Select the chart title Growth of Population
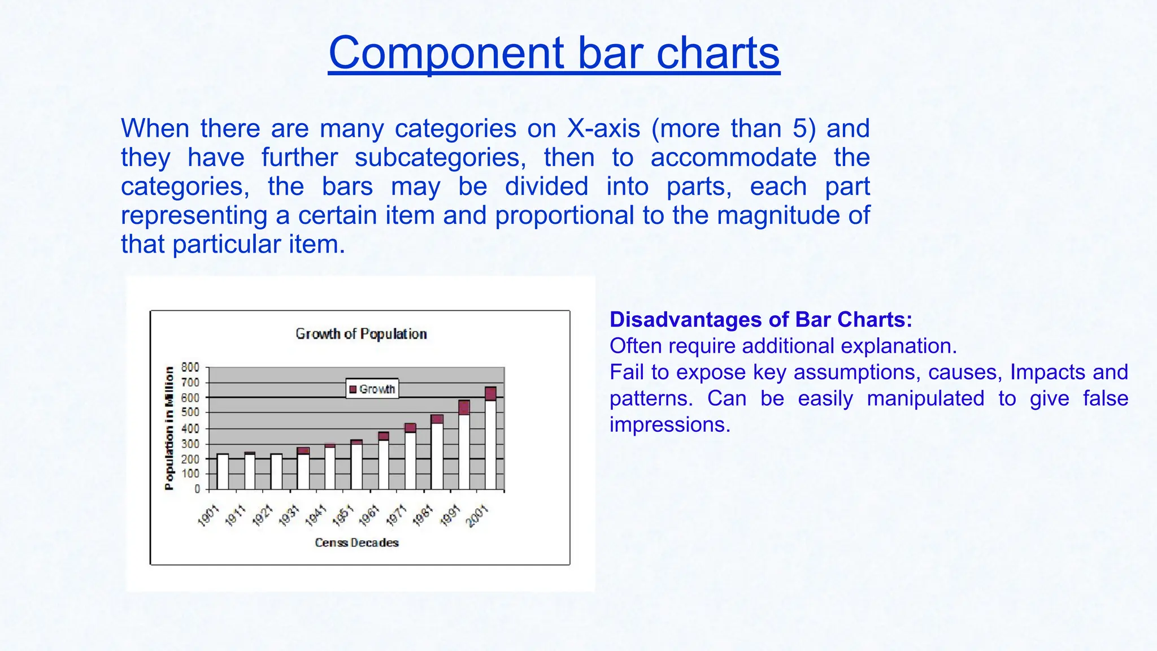(361, 334)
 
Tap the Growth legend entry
(372, 389)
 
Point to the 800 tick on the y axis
(190, 367)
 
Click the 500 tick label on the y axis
(190, 413)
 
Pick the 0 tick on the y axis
(197, 489)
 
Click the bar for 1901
(223, 472)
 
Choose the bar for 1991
(464, 446)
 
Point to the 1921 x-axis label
(263, 516)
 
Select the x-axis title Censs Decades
(356, 542)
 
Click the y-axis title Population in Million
(169, 428)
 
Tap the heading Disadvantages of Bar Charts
(760, 320)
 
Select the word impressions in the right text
(670, 424)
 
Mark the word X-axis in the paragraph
(603, 129)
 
